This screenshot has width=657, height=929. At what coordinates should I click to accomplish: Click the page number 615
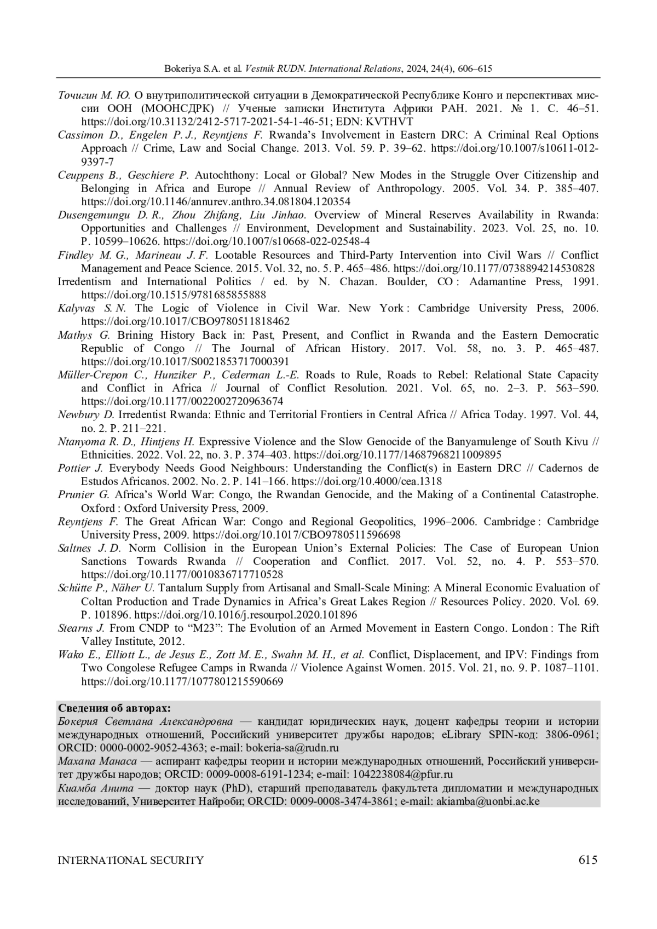point(587,859)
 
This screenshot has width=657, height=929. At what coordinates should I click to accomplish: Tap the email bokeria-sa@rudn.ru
point(292,748)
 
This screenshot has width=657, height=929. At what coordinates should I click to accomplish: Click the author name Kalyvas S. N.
point(92,308)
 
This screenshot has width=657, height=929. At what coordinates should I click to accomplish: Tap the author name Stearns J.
point(81,628)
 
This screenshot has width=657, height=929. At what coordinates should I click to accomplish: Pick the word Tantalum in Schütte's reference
point(181,588)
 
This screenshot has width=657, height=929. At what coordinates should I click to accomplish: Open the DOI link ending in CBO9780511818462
point(186,321)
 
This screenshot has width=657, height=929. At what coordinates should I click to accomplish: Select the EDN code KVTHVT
point(391,122)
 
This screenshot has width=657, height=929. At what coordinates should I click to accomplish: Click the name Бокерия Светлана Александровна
point(146,722)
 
